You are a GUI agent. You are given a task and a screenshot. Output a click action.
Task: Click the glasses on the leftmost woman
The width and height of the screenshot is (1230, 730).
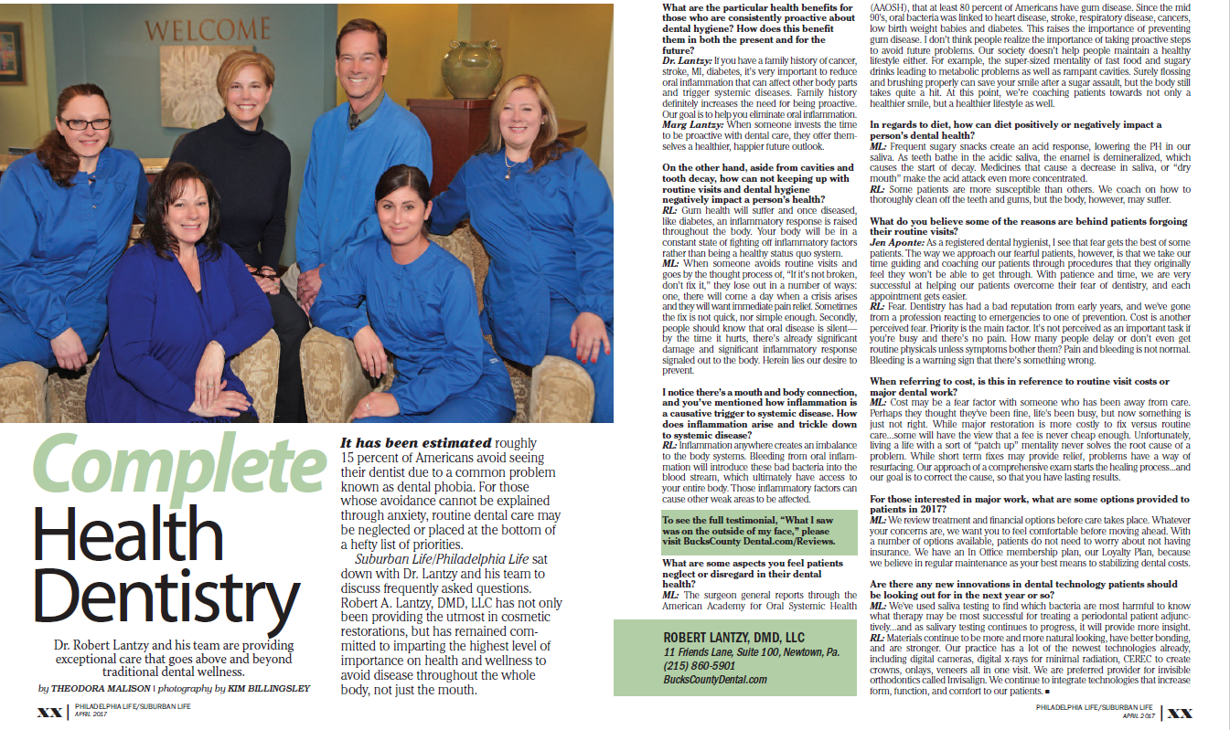coord(84,123)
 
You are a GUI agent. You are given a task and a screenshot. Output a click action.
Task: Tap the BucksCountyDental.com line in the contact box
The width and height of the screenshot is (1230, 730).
coord(715,680)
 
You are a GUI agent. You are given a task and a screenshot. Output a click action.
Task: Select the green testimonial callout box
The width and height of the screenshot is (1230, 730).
coord(759,532)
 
